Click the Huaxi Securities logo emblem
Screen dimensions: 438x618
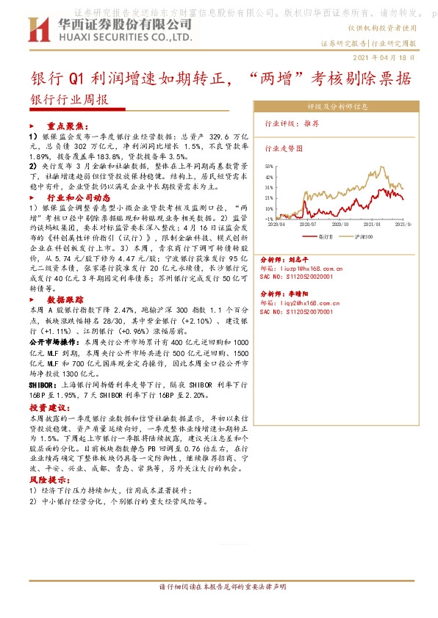click(39, 28)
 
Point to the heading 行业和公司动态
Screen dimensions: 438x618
click(79, 198)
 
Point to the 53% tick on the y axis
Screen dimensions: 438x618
click(270, 167)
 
